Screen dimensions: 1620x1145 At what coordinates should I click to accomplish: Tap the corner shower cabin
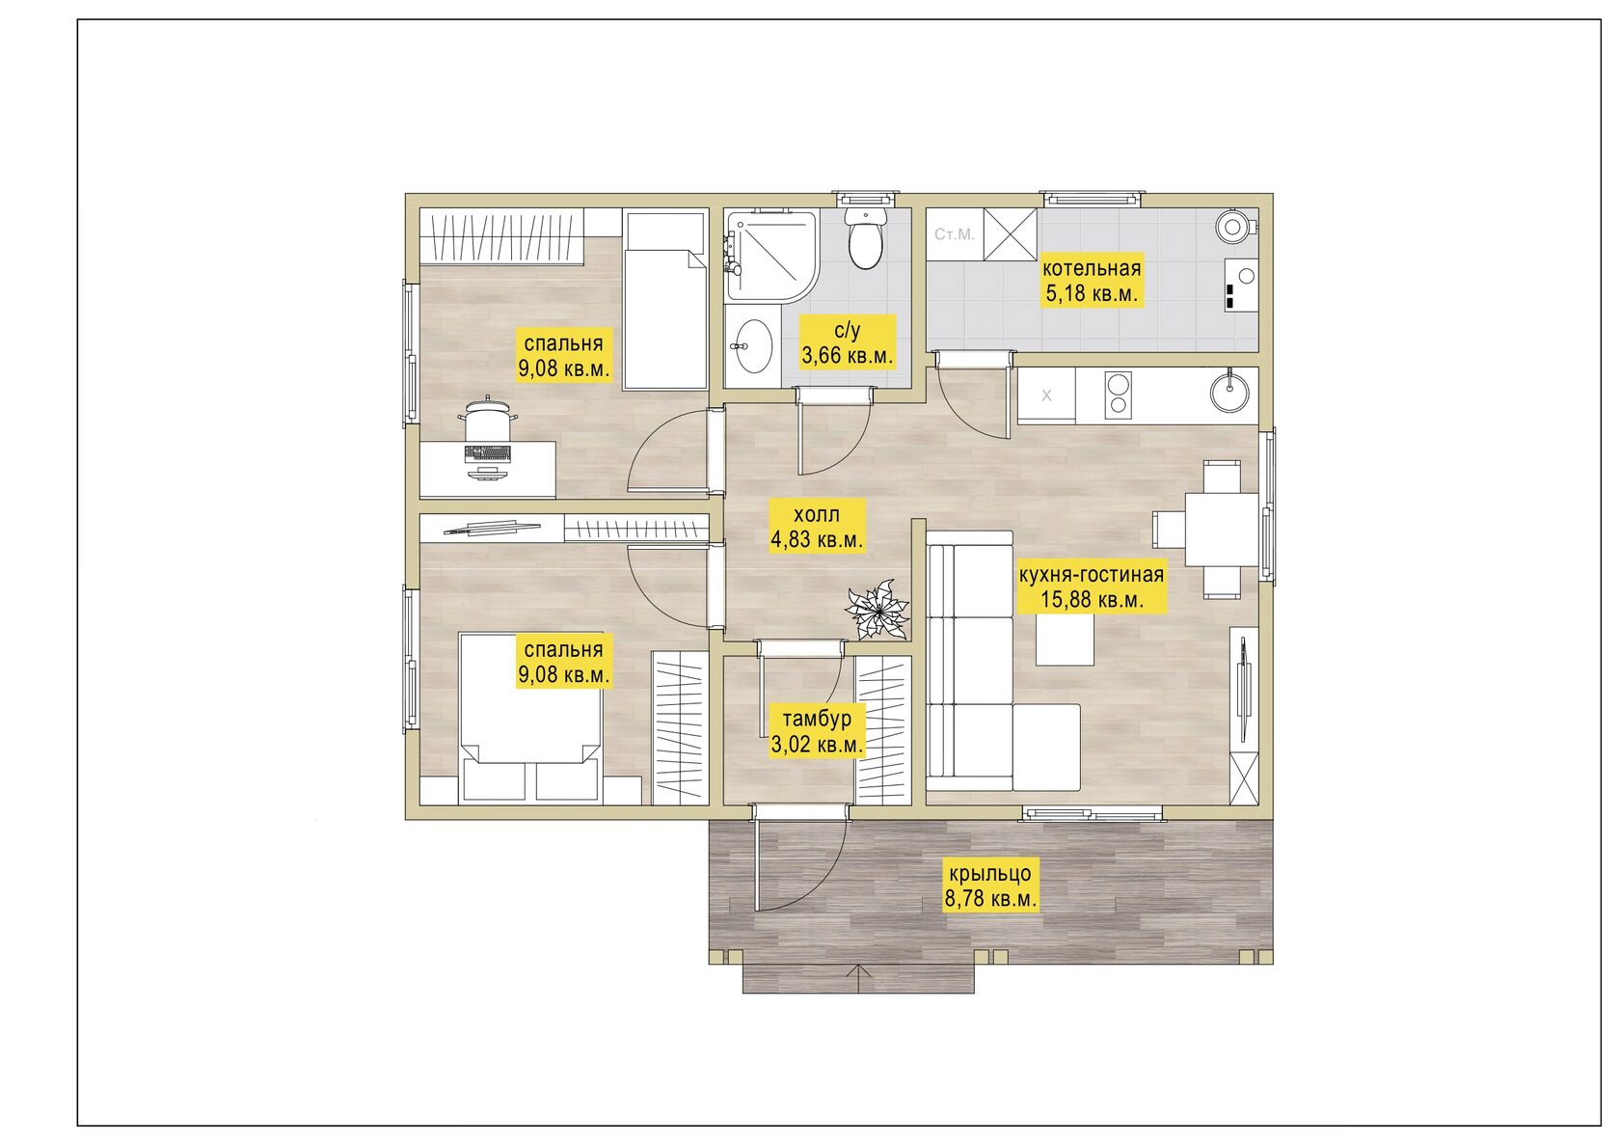tap(771, 255)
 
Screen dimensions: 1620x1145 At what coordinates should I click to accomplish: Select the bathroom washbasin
tap(753, 345)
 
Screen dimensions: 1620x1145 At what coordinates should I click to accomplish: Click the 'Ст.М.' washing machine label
tap(954, 234)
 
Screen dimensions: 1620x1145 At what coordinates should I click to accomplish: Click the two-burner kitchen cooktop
tap(1119, 395)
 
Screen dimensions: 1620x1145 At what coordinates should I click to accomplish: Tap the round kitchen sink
tap(1229, 391)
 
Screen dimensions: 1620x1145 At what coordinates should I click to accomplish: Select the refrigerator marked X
tap(1046, 395)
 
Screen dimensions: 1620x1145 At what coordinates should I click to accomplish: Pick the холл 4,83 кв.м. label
tap(818, 527)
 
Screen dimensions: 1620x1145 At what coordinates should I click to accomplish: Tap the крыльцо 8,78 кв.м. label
tap(990, 886)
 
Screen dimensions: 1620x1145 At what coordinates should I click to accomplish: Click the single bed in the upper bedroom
tap(665, 300)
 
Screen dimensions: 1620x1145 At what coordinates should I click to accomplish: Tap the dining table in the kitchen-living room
tap(1221, 530)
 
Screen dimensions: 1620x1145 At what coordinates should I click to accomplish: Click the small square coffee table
tap(1065, 640)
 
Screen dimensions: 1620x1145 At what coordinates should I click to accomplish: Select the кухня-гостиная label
tap(1092, 575)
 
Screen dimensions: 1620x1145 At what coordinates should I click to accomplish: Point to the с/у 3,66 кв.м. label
tap(848, 342)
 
